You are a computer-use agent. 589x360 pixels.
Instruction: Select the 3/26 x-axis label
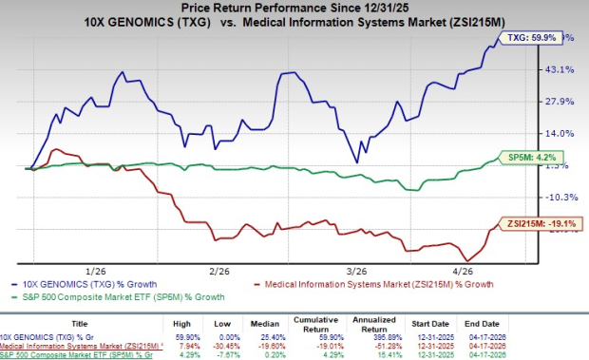(344, 271)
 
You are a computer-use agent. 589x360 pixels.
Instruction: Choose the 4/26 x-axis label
(463, 271)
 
